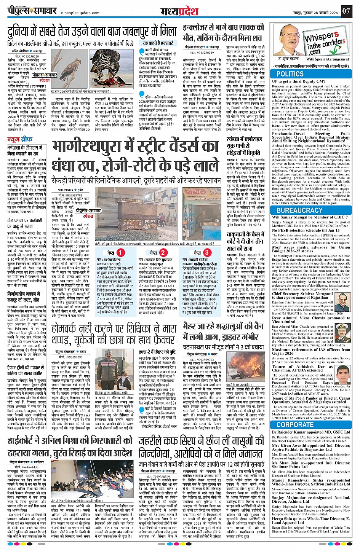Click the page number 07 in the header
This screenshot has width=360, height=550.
346,11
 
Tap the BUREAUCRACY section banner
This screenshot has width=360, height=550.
299,210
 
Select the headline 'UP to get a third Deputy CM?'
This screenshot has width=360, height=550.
298,81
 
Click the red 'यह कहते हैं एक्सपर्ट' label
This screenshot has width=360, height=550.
159,43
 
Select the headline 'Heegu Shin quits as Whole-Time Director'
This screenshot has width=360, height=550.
311,520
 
